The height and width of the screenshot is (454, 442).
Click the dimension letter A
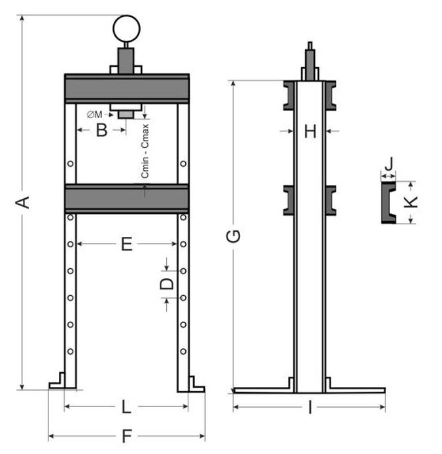tap(23, 202)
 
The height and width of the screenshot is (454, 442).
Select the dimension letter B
tap(102, 130)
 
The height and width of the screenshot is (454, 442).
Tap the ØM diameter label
tap(95, 115)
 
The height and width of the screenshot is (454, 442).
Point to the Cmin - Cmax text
tap(145, 151)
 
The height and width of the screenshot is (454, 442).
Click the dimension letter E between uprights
tap(127, 244)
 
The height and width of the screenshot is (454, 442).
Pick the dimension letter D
tap(167, 284)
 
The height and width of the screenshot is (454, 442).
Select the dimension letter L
tap(126, 407)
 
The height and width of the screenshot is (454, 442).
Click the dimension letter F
tap(127, 436)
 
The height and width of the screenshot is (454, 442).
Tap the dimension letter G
tap(233, 236)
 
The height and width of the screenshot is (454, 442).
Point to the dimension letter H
tap(310, 131)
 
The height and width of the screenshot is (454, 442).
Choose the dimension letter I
tap(310, 407)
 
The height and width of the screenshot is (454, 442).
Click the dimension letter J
tap(390, 163)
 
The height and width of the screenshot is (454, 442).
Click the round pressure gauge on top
tap(126, 29)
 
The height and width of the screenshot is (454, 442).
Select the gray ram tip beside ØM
tap(126, 115)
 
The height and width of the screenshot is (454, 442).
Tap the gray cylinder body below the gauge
tap(126, 61)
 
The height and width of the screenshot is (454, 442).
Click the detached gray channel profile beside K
tap(388, 202)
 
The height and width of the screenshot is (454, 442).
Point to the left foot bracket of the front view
tap(57, 381)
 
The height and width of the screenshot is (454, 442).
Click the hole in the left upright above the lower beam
tap(70, 163)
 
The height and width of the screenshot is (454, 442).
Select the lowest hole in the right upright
tap(183, 352)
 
